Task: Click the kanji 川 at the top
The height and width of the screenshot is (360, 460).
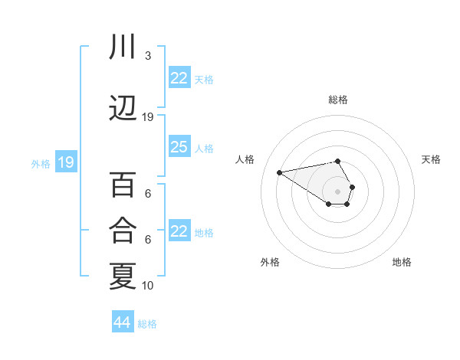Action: [x=123, y=47]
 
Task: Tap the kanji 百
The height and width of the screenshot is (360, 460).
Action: [x=123, y=185]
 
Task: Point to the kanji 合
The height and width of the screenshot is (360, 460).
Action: [x=123, y=230]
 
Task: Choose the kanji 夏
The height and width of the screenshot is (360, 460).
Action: [x=123, y=276]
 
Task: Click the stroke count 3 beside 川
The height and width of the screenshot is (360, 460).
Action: [x=147, y=56]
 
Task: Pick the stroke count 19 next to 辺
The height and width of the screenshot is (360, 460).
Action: [x=148, y=117]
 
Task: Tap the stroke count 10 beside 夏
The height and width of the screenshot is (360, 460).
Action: [x=148, y=285]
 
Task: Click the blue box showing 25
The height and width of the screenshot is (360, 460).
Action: [x=179, y=147]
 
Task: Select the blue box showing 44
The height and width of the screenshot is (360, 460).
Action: [x=123, y=322]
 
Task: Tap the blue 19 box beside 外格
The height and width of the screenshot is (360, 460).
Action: [x=65, y=162]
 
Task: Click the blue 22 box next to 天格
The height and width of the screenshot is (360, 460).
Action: [x=179, y=78]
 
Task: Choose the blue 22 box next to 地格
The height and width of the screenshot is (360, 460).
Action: [x=179, y=231]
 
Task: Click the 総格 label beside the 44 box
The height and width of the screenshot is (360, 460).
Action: [x=147, y=324]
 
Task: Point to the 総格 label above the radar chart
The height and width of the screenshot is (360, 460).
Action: [x=337, y=100]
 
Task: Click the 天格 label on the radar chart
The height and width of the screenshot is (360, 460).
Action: [x=431, y=159]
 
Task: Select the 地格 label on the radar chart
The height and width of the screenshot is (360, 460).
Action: [x=402, y=262]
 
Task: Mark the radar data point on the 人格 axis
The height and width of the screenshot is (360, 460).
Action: [x=280, y=172]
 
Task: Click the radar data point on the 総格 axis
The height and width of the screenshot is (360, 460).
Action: [x=337, y=161]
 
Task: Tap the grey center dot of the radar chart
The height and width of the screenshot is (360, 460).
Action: [x=337, y=191]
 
